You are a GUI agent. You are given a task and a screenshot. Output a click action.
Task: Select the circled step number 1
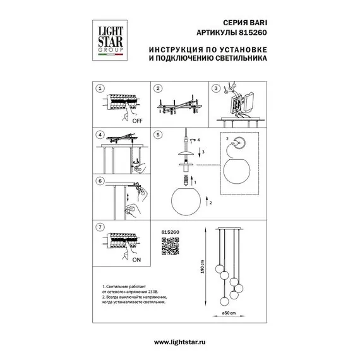pyautogui.click(x=100, y=89)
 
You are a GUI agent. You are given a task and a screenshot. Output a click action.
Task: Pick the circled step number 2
pyautogui.click(x=159, y=89)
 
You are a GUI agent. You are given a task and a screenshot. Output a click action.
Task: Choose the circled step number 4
pyautogui.click(x=100, y=135)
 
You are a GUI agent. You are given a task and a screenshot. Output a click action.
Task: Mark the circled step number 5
pyautogui.click(x=159, y=135)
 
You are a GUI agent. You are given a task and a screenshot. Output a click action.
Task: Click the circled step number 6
pyautogui.click(x=100, y=181)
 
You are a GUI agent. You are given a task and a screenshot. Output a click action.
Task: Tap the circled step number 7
pyautogui.click(x=100, y=226)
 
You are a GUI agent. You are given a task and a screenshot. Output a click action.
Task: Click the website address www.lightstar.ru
pyautogui.click(x=179, y=342)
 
